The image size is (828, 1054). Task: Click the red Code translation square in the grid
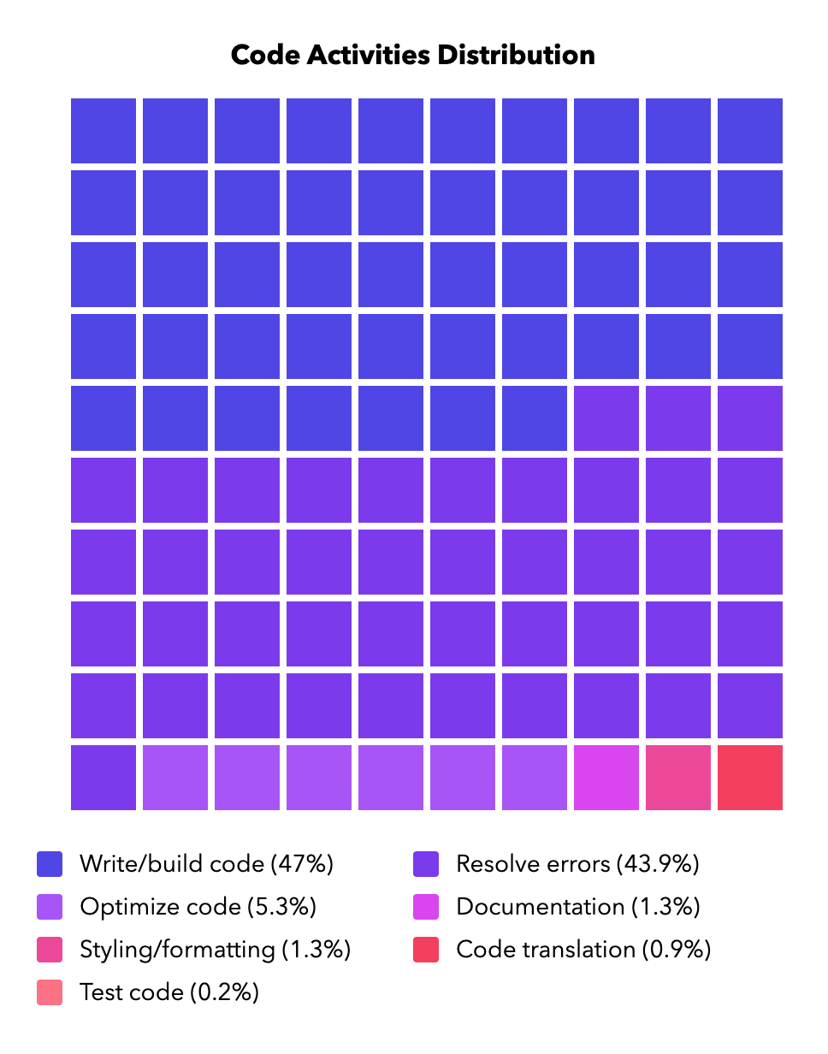[x=749, y=777]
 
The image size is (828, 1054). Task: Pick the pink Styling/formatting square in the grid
[x=677, y=777]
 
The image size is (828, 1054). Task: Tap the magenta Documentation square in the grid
[x=606, y=777]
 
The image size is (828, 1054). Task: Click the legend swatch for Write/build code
[x=50, y=864]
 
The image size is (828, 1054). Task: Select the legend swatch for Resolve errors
[x=426, y=864]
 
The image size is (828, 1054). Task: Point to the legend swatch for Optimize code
[x=50, y=907]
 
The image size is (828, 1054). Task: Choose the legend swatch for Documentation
[x=426, y=907]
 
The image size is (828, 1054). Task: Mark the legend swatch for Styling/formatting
[x=50, y=950]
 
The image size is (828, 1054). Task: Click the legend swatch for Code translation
[x=426, y=950]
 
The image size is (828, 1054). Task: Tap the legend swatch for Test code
[x=50, y=992]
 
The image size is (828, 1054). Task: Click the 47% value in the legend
[x=302, y=864]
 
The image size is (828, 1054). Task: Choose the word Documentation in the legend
[x=540, y=907]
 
